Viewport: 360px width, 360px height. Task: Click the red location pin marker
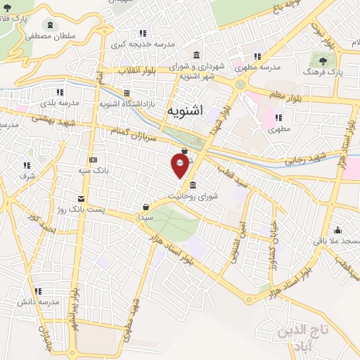(181, 165)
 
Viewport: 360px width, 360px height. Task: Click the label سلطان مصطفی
(50, 34)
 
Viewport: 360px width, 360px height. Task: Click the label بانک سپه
(93, 169)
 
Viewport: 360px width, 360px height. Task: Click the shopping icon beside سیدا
(146, 207)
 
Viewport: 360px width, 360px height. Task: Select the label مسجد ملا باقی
(338, 241)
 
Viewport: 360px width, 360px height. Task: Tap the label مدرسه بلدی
(59, 103)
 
